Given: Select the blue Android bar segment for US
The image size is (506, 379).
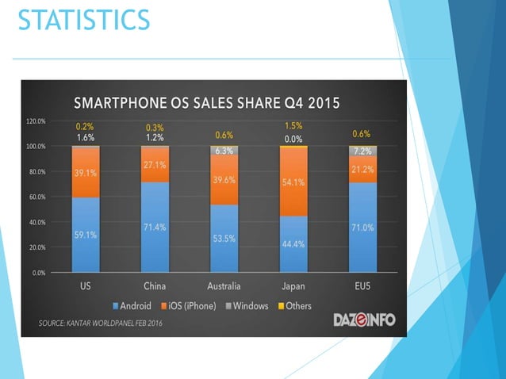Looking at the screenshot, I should pyautogui.click(x=86, y=235).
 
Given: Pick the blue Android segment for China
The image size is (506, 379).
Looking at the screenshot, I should pyautogui.click(x=155, y=228).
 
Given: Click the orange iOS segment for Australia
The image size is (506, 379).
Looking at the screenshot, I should pyautogui.click(x=224, y=179).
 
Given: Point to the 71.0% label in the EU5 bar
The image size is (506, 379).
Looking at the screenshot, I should pyautogui.click(x=363, y=227).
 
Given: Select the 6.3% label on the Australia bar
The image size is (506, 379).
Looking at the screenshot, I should pyautogui.click(x=224, y=151).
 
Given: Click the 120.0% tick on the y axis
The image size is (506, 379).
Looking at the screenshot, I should pyautogui.click(x=37, y=121).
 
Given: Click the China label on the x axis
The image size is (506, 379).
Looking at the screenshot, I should pyautogui.click(x=155, y=287).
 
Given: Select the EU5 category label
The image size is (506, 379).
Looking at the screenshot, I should pyautogui.click(x=363, y=287).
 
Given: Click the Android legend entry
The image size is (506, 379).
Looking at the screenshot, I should pyautogui.click(x=134, y=306).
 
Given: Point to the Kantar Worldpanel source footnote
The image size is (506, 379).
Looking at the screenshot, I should pyautogui.click(x=97, y=323).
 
